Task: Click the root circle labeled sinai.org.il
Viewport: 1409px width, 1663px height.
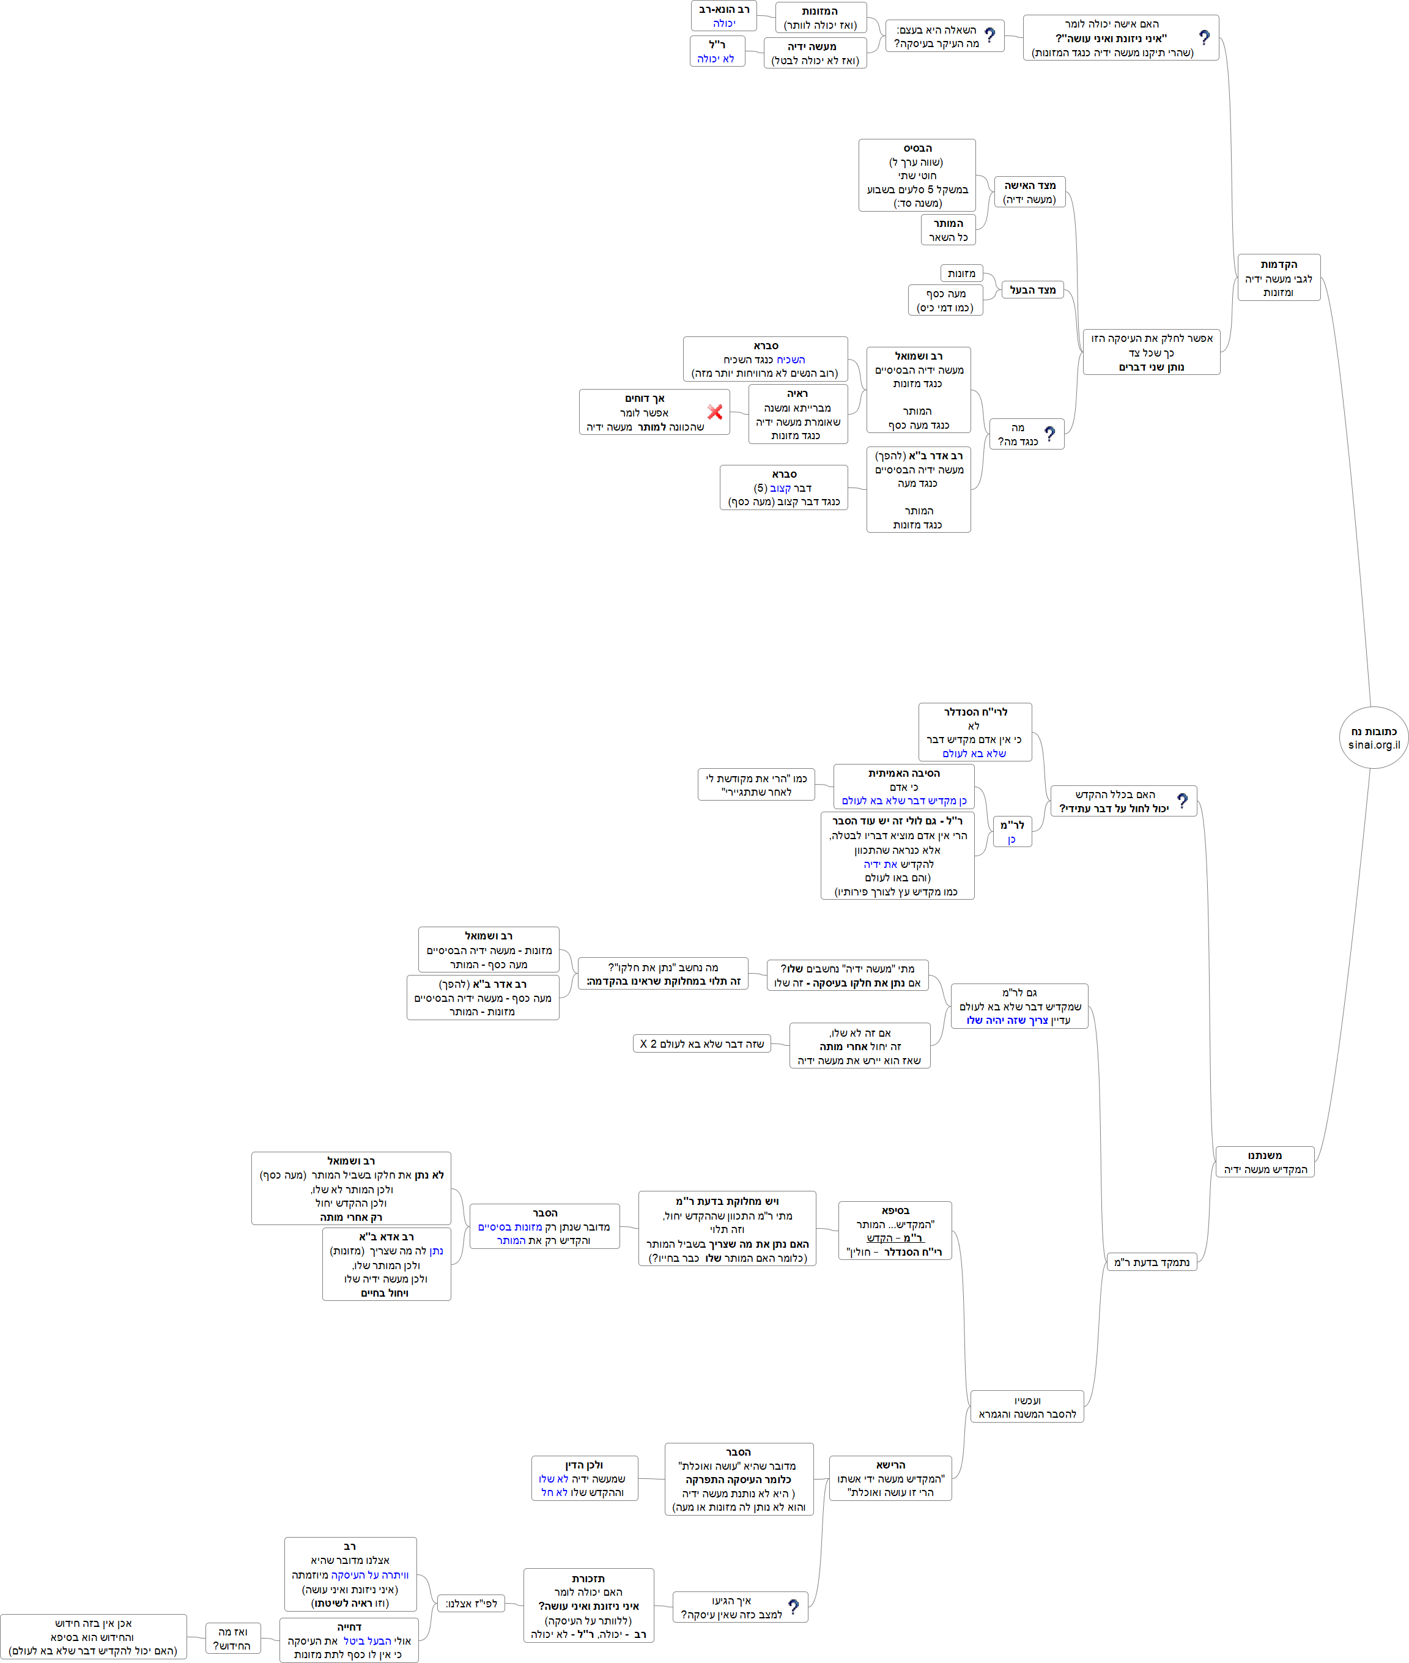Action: point(1373,737)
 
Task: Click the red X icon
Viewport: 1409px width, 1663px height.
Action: point(715,412)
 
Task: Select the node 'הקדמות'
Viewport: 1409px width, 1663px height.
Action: point(1278,277)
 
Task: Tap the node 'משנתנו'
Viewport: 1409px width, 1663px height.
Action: point(1265,1161)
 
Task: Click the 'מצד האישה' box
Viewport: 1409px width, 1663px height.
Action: point(1030,191)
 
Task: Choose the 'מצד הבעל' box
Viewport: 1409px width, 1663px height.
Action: point(1032,290)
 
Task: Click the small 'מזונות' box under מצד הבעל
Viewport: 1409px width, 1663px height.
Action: point(961,273)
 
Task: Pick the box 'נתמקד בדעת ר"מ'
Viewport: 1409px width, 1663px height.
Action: point(1151,1262)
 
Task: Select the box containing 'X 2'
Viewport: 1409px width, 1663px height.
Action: point(701,1043)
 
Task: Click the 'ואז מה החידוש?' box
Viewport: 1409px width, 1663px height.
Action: point(232,1639)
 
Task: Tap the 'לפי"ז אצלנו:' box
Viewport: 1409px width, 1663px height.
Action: point(472,1603)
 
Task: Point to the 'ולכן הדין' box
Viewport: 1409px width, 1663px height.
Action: point(584,1478)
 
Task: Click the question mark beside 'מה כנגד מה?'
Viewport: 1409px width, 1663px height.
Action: point(1049,434)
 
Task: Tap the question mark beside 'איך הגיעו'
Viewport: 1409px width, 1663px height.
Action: point(793,1606)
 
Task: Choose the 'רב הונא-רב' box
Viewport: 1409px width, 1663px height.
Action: point(723,16)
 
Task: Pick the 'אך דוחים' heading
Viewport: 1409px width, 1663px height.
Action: point(644,398)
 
